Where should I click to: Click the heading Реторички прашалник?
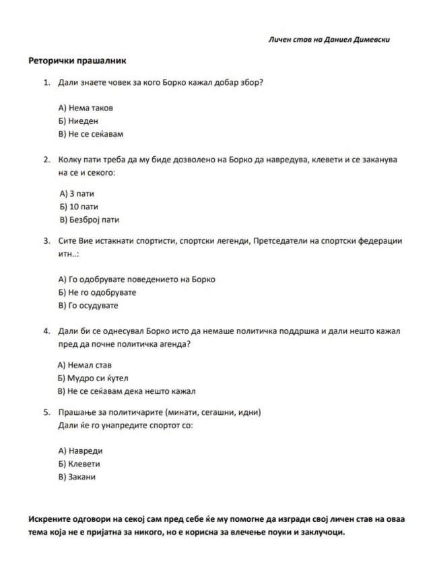pos(77,61)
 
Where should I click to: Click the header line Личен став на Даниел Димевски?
pos(329,40)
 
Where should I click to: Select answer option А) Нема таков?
pos(86,107)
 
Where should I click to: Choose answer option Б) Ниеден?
pos(78,121)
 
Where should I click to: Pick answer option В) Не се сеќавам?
pos(91,134)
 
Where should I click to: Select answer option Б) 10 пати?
pos(78,206)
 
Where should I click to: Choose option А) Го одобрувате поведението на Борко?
pos(137,279)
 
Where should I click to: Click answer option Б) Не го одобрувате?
pos(97,292)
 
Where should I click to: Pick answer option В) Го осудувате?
pos(88,305)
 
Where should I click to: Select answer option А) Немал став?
pos(85,365)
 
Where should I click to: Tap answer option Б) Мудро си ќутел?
pos(92,378)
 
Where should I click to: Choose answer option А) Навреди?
pos(80,450)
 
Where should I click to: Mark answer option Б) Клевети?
pos(79,464)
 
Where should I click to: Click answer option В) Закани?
pos(77,477)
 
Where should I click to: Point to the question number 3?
pos(46,240)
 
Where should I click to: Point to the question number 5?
pos(46,412)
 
